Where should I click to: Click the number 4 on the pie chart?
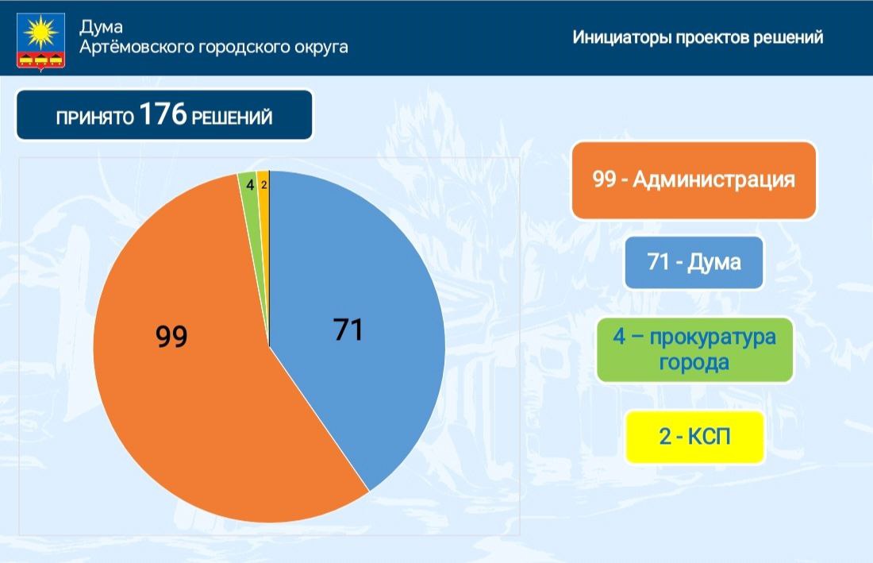(250, 185)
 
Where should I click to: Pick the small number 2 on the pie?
(264, 185)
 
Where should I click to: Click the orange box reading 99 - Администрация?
(694, 180)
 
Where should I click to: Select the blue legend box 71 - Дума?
(694, 262)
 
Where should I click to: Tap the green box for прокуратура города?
(694, 349)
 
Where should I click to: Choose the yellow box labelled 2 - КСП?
(695, 437)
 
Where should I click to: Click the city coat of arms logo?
(40, 40)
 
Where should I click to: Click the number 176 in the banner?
(163, 114)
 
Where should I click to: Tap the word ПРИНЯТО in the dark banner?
(94, 118)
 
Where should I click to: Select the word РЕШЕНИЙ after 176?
(233, 118)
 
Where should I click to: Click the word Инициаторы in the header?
(622, 37)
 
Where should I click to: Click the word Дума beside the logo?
(101, 27)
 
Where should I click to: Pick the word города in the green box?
(694, 363)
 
